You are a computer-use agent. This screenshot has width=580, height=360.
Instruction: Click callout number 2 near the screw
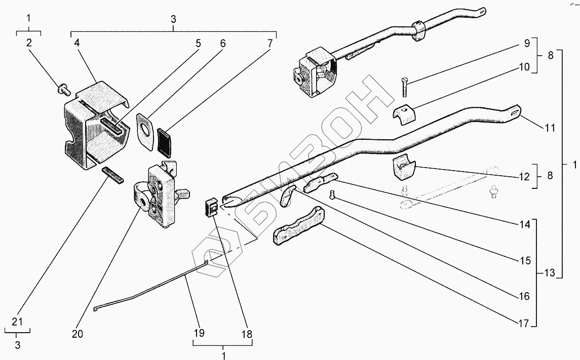click(x=29, y=43)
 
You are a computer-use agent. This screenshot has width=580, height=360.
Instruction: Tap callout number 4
click(x=76, y=43)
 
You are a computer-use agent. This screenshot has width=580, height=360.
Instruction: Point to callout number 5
click(x=198, y=43)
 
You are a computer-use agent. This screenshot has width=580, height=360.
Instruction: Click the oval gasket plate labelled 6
click(x=145, y=132)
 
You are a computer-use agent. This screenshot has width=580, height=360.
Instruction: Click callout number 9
click(x=527, y=43)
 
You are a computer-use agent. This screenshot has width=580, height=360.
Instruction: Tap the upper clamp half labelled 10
click(x=404, y=114)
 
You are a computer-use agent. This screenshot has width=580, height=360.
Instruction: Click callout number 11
click(x=550, y=128)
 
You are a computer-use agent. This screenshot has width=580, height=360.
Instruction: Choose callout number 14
click(x=525, y=224)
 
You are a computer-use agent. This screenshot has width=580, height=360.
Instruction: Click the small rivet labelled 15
click(x=332, y=194)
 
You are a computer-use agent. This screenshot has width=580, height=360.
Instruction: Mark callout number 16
click(x=525, y=296)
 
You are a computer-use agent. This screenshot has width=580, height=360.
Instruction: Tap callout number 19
click(x=199, y=333)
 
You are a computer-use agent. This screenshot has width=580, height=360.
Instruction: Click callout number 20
click(x=78, y=334)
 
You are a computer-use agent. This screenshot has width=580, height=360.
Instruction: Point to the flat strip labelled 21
click(x=113, y=175)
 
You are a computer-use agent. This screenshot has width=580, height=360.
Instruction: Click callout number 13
click(x=550, y=273)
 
